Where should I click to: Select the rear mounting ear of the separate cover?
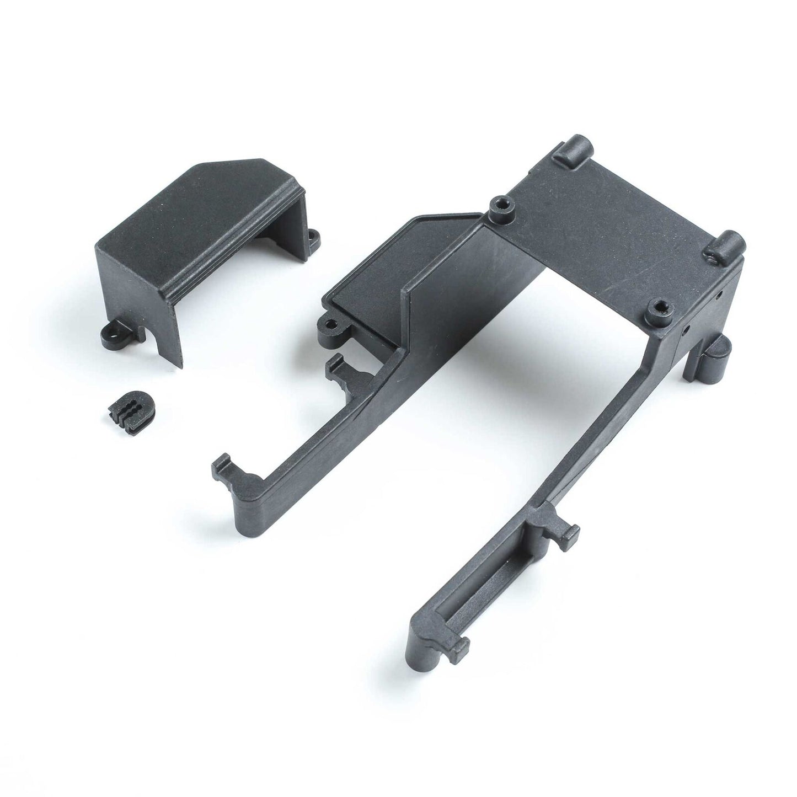313,237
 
